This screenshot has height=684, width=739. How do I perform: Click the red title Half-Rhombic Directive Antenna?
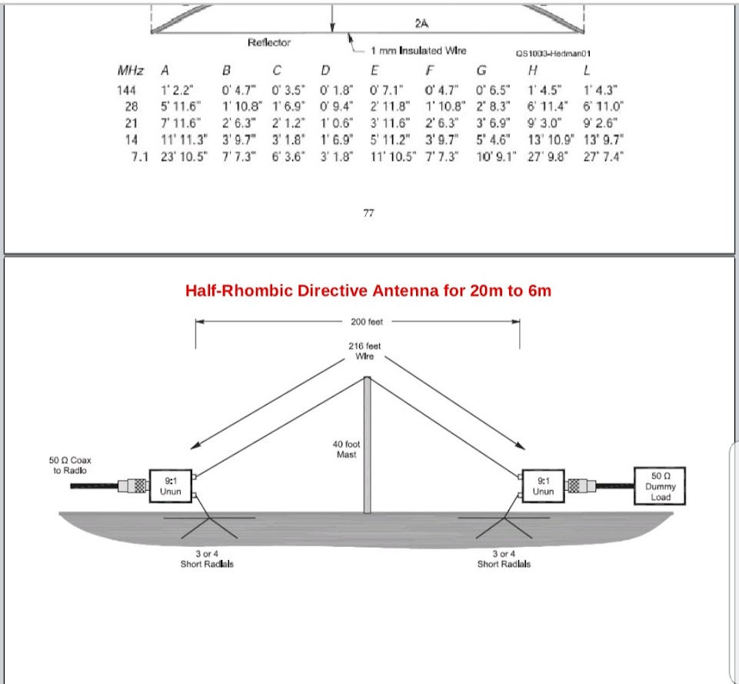[x=368, y=291]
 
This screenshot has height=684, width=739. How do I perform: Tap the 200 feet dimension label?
[x=366, y=322]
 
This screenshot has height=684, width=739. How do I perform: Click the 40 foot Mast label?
[x=347, y=449]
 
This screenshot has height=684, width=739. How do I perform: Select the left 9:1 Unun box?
[x=171, y=485]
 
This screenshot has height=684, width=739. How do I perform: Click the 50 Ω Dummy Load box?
[x=660, y=486]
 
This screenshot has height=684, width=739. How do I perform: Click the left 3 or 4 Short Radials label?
[x=202, y=559]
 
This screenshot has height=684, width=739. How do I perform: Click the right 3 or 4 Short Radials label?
[x=504, y=559]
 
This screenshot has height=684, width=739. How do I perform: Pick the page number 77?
[x=368, y=214]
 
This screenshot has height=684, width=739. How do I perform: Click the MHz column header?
[x=130, y=71]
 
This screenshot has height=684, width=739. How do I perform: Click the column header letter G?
[x=481, y=71]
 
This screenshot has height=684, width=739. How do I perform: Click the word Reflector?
[x=268, y=42]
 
